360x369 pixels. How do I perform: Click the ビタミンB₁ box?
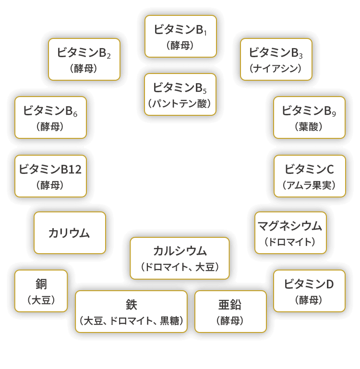180,36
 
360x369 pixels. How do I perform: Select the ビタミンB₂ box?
84,59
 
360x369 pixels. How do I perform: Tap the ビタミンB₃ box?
276,59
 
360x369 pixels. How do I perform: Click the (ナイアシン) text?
276,69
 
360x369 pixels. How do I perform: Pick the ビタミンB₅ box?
180,94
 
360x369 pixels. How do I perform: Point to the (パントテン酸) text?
180,103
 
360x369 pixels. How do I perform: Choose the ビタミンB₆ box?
50,117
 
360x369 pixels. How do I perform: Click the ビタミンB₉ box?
309,117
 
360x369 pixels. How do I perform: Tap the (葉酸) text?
309,126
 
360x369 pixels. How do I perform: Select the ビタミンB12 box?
50,175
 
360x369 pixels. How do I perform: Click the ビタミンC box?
309,175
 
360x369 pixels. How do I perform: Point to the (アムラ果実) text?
309,185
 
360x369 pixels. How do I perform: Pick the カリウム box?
70,233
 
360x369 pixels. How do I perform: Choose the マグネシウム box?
290,233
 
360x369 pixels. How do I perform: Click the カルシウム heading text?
180,250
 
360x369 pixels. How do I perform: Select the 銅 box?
41,291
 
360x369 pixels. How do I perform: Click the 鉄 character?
131,305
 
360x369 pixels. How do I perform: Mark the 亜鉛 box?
230,311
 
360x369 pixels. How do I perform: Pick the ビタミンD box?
309,291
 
